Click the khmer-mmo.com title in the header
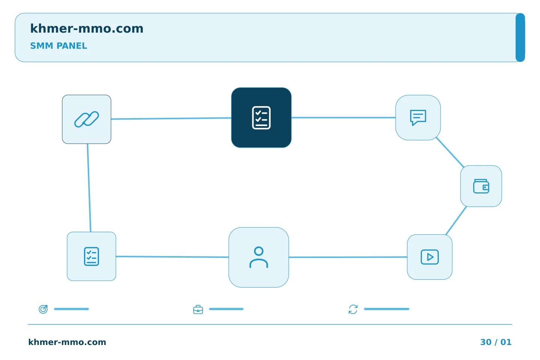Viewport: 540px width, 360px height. click(87, 28)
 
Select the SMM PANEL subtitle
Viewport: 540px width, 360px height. click(58, 46)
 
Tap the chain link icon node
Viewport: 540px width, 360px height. click(87, 119)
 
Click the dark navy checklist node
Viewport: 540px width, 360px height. click(261, 118)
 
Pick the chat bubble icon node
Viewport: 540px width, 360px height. click(418, 118)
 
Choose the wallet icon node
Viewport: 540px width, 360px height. click(481, 186)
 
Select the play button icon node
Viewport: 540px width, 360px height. click(430, 257)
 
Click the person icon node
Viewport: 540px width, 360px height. click(259, 257)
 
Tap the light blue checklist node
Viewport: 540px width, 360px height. click(91, 256)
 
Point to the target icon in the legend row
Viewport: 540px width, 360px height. click(43, 309)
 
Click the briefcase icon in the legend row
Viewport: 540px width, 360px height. click(198, 309)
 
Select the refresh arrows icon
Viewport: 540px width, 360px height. click(353, 309)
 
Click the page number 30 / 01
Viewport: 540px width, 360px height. click(496, 342)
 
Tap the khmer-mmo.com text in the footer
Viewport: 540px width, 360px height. click(67, 342)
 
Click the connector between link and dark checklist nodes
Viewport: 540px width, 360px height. click(171, 118)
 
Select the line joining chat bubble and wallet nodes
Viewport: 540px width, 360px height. click(450, 152)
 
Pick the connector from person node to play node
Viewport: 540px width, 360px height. click(348, 257)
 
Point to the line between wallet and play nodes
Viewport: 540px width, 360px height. click(456, 220)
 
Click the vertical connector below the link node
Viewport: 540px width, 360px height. click(89, 188)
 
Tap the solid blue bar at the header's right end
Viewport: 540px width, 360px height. click(520, 37)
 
